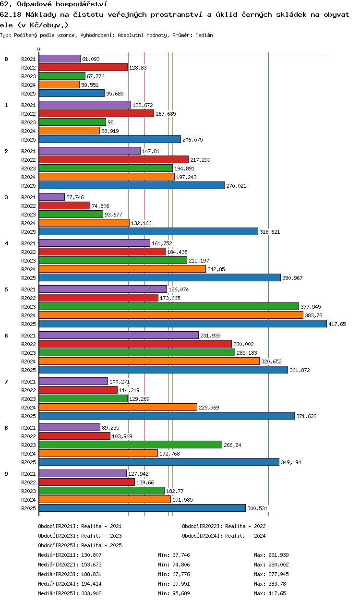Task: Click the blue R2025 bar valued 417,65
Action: (x=183, y=324)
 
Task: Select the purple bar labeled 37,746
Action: (x=52, y=197)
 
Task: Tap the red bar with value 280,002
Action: (x=135, y=344)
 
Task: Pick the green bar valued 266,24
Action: (x=131, y=445)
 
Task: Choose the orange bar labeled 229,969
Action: (x=118, y=407)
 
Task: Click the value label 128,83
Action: (x=138, y=68)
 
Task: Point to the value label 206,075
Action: (x=192, y=140)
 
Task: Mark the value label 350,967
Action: (x=292, y=278)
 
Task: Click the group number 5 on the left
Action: (x=6, y=289)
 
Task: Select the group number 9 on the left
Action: (x=6, y=474)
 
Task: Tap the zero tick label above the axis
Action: (x=39, y=49)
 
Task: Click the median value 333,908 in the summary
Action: (x=91, y=593)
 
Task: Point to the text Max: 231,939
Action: (x=271, y=554)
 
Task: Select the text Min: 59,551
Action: (x=174, y=583)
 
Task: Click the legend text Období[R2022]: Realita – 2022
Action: (x=224, y=526)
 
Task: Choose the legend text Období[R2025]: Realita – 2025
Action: (x=80, y=545)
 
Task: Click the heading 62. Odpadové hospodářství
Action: (x=53, y=4)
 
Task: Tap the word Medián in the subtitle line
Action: (x=204, y=35)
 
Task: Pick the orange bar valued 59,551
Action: (x=59, y=84)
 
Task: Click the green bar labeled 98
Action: (x=72, y=122)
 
